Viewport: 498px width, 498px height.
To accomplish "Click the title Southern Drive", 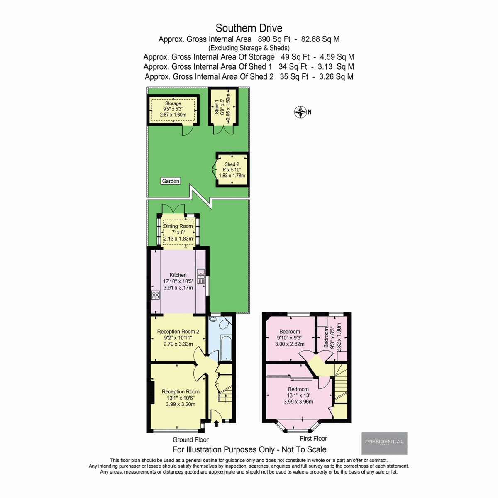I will pos(249,28).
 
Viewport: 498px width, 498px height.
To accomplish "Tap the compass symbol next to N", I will pos(300,112).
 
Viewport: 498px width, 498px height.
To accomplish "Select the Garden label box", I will pos(171,181).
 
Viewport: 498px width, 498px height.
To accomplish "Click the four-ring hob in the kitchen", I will pos(156,295).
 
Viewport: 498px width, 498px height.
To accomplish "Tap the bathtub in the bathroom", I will pos(227,348).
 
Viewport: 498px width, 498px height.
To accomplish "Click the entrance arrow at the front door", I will pos(216,423).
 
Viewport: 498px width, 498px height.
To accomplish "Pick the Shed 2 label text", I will pos(232,164).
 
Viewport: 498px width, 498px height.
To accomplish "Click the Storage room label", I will pos(173,103).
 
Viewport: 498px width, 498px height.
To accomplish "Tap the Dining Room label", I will pos(178,226).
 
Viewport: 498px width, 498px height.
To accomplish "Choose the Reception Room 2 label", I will pos(178,332).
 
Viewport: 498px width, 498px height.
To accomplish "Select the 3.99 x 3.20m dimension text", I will pos(181,404).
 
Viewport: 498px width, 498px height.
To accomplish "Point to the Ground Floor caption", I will pos(190,439).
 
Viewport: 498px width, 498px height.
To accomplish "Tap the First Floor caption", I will pos(313,438).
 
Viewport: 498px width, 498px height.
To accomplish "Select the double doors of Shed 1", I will pos(223,129).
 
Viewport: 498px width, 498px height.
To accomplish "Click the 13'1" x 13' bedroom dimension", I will pos(298,395).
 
